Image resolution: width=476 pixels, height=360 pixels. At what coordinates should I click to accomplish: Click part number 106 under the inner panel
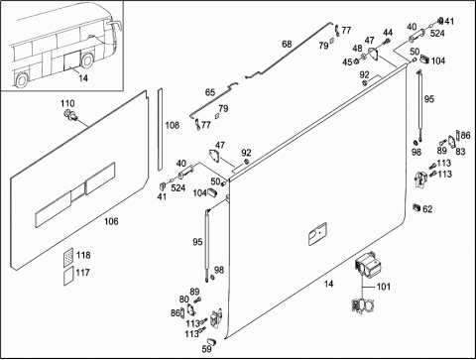(111, 221)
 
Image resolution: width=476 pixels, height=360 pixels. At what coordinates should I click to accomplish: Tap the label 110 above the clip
(67, 103)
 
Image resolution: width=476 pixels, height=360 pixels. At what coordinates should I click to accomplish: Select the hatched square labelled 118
(68, 257)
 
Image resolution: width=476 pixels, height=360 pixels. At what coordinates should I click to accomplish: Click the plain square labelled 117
(68, 276)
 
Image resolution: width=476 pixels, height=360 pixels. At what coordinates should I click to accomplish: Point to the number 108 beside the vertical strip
(173, 125)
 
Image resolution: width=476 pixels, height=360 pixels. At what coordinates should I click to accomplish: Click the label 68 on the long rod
(287, 44)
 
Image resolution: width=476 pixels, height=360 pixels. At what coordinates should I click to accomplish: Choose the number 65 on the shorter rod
(210, 92)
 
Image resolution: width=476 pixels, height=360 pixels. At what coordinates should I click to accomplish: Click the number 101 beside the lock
(384, 287)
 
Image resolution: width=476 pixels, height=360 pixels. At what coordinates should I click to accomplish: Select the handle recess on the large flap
(317, 234)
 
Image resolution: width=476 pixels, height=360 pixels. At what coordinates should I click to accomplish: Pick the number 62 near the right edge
(427, 209)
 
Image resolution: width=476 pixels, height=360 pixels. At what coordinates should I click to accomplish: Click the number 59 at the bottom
(206, 349)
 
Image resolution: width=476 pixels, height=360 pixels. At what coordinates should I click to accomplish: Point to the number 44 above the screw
(388, 33)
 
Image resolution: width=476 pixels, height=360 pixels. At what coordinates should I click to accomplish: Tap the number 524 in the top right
(437, 34)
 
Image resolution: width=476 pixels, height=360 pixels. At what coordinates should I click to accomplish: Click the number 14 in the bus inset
(83, 78)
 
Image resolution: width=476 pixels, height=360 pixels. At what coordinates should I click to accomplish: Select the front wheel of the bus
(87, 60)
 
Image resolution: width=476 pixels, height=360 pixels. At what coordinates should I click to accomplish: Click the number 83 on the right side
(460, 152)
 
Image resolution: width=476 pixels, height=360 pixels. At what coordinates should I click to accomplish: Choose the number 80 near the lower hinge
(184, 300)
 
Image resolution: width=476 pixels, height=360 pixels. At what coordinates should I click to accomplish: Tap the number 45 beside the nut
(347, 62)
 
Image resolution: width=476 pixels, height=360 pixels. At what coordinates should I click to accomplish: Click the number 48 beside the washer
(357, 49)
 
